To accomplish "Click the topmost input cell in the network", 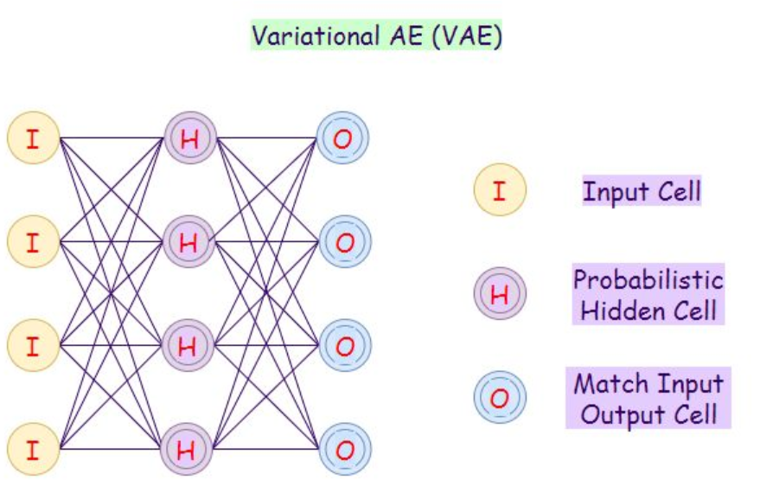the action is [x=33, y=138].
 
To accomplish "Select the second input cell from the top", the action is [x=33, y=241].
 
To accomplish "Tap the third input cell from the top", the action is [x=33, y=345].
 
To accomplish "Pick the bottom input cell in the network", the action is [x=33, y=449].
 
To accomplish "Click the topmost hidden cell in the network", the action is [x=189, y=138].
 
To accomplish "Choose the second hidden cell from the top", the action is [x=189, y=241].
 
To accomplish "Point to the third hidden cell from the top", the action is [x=189, y=345].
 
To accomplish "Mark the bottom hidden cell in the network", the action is [x=188, y=449].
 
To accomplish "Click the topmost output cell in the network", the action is [x=344, y=138].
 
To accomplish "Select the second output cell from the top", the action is [x=344, y=241].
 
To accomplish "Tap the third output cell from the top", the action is [x=344, y=345].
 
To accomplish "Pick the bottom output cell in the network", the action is [x=344, y=449].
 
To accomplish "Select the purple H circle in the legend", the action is [x=499, y=293].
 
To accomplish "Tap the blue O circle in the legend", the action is [x=499, y=397].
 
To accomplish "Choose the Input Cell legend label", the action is [x=641, y=191].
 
